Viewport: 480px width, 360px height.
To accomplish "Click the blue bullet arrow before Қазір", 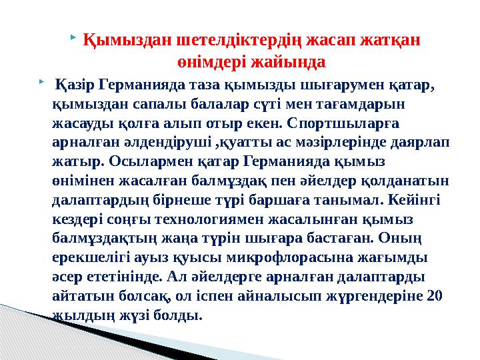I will (41, 80).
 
